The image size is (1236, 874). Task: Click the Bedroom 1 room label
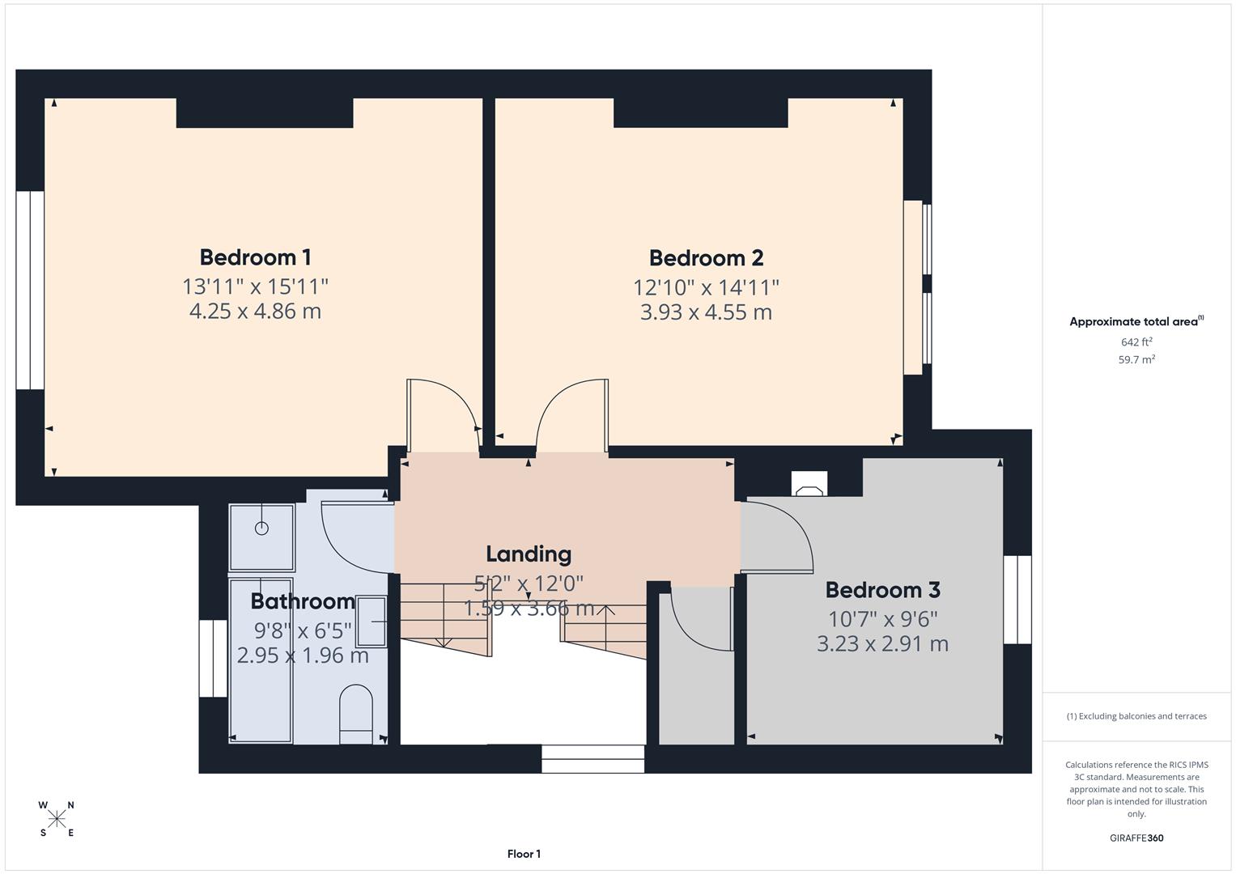coord(255,257)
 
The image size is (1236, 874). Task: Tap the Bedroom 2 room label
coord(706,258)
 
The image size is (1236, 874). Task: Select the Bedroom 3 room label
coord(882,590)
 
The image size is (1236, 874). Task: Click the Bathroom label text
coord(303,601)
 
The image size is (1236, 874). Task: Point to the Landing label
coord(529,554)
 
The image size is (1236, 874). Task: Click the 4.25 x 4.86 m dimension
coord(255,312)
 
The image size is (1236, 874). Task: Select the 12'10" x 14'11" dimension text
coord(706,287)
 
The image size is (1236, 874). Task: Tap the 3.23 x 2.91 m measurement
coord(882,644)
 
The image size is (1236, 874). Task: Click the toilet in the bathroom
coord(355,713)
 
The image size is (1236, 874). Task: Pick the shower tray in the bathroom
coord(261,537)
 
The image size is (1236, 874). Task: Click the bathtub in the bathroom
coord(261,660)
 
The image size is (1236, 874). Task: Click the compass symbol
coord(57,819)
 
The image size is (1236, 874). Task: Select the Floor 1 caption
coord(524,854)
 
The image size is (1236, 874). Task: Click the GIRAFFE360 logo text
coord(1136,838)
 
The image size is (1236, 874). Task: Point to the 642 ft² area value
coord(1136,342)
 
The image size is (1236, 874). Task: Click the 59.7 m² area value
coord(1136,360)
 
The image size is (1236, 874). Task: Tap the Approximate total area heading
coord(1136,322)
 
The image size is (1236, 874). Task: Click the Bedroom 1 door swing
coord(441,413)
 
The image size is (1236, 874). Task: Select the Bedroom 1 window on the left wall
coord(30,291)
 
